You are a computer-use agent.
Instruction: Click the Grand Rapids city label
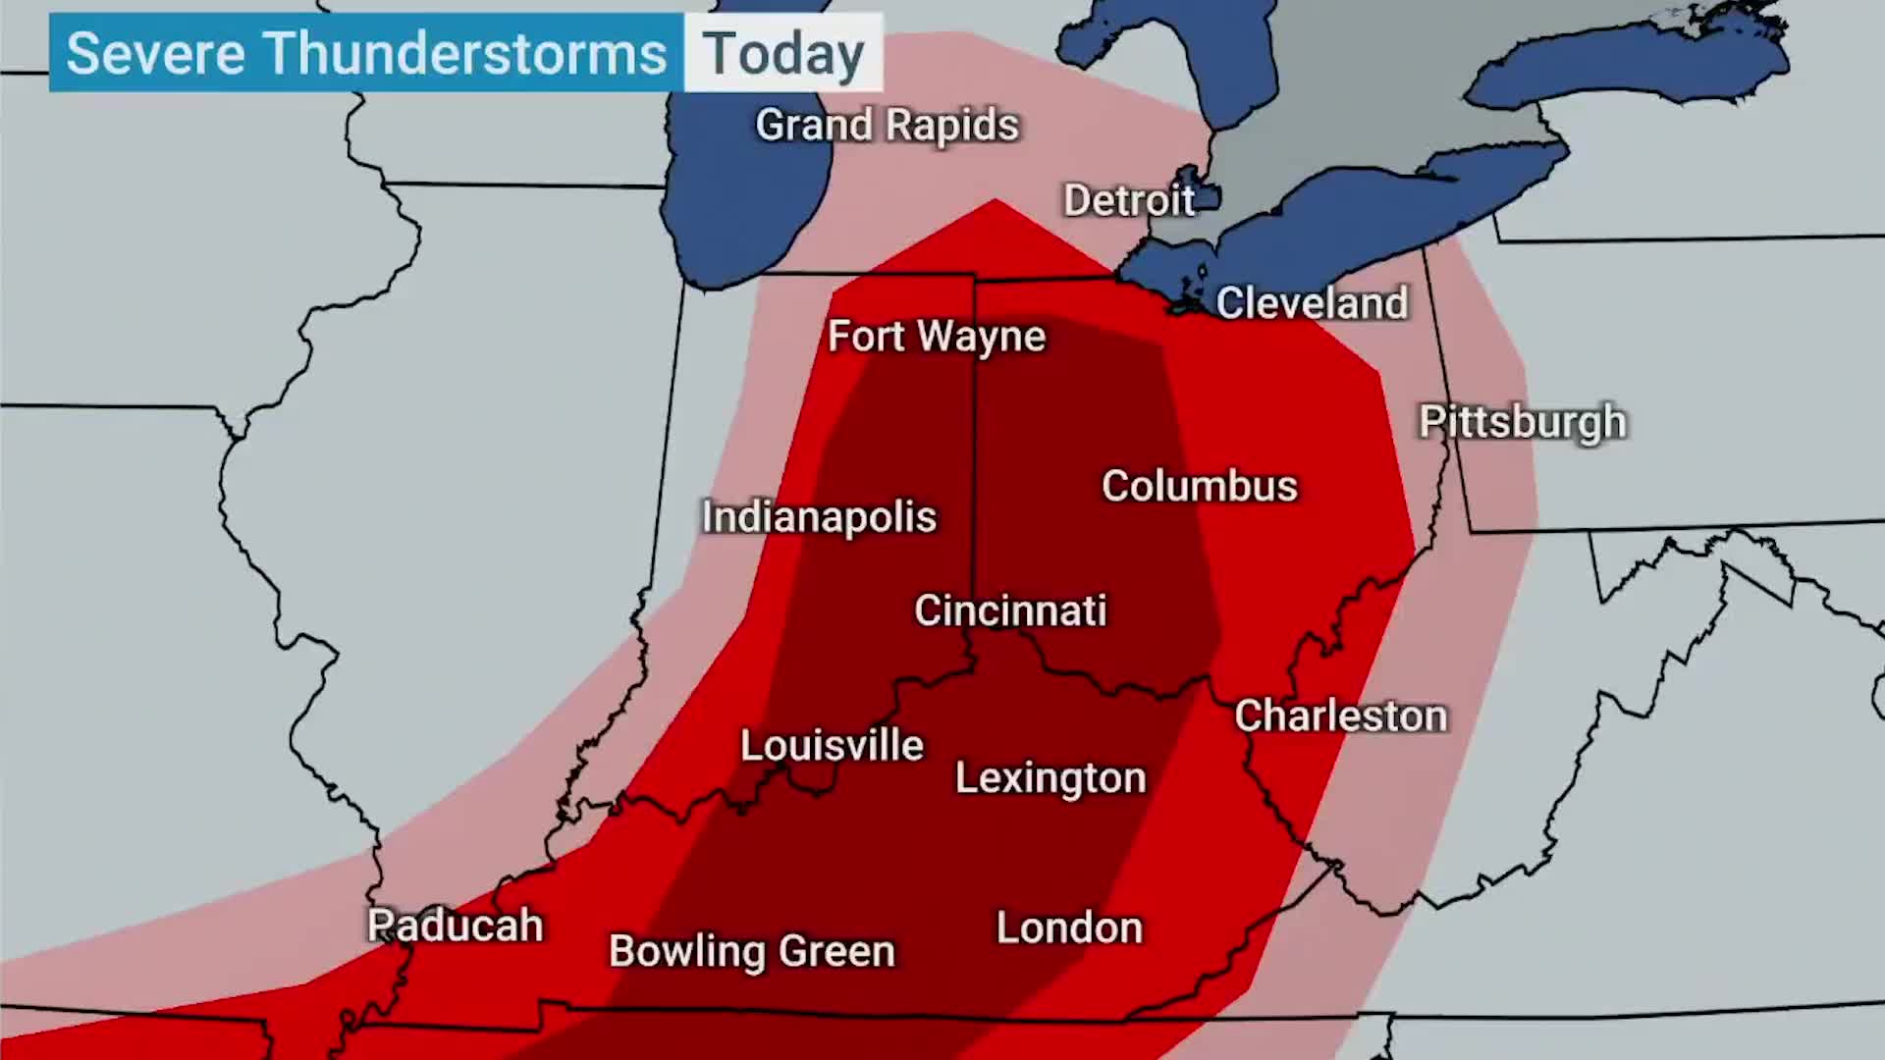pyautogui.click(x=887, y=126)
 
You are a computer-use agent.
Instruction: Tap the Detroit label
pyautogui.click(x=1129, y=200)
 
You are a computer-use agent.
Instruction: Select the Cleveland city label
pyautogui.click(x=1312, y=302)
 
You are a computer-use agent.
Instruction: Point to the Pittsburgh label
pyautogui.click(x=1523, y=422)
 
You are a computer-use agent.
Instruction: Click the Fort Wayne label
pyautogui.click(x=937, y=337)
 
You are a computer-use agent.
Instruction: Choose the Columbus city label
pyautogui.click(x=1199, y=486)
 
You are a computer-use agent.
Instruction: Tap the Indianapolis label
pyautogui.click(x=819, y=517)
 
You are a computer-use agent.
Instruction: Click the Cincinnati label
pyautogui.click(x=1010, y=610)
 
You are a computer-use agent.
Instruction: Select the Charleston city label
pyautogui.click(x=1340, y=715)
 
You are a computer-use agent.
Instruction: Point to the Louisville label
pyautogui.click(x=832, y=746)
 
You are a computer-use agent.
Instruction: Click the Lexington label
pyautogui.click(x=1050, y=778)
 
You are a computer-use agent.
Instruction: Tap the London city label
pyautogui.click(x=1069, y=928)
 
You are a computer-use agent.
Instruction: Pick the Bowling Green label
pyautogui.click(x=752, y=951)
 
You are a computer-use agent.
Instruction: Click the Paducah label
pyautogui.click(x=455, y=926)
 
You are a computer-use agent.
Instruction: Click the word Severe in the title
pyautogui.click(x=155, y=53)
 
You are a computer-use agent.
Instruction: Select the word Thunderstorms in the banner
pyautogui.click(x=465, y=53)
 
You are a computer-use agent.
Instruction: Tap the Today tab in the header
pyautogui.click(x=783, y=53)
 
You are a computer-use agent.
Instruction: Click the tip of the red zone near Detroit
pyautogui.click(x=995, y=202)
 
